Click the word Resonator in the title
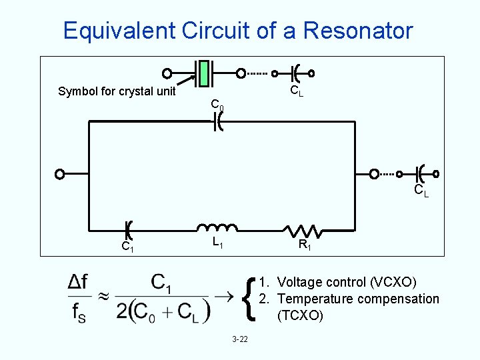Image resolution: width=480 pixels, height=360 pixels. (357, 31)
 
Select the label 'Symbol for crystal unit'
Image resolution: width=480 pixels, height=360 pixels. (117, 91)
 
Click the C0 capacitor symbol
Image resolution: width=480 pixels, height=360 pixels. (217, 121)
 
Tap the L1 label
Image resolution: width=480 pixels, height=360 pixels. (217, 243)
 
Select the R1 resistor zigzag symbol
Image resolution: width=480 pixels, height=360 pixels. (303, 230)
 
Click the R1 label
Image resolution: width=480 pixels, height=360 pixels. (304, 245)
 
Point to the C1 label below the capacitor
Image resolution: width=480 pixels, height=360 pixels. (127, 247)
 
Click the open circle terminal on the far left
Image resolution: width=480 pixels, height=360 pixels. (60, 175)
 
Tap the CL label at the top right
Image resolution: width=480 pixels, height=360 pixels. (296, 91)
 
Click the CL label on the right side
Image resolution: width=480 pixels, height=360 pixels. (421, 191)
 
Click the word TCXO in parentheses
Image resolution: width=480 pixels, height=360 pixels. (299, 315)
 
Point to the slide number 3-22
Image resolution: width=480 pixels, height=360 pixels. (240, 339)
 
